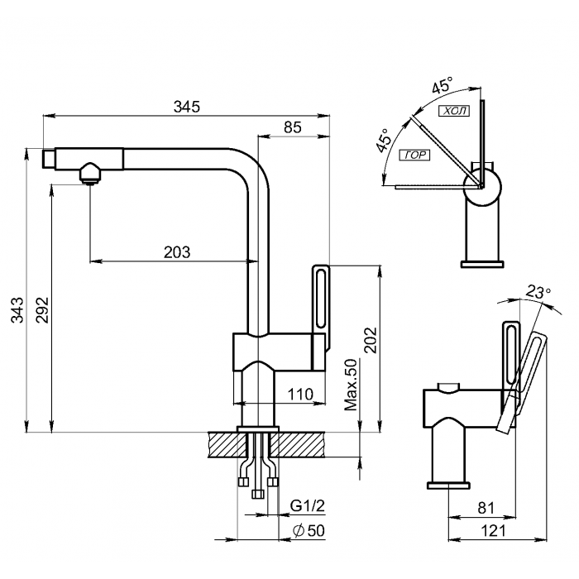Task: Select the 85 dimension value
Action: pos(293,127)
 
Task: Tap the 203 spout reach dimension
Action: pos(177,252)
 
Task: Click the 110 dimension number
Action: pos(301,395)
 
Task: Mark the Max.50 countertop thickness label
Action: pos(350,385)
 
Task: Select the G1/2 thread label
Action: pos(305,505)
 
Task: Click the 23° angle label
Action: pos(538,292)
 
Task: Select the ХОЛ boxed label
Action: pos(452,111)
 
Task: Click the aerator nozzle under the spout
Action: pos(89,173)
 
